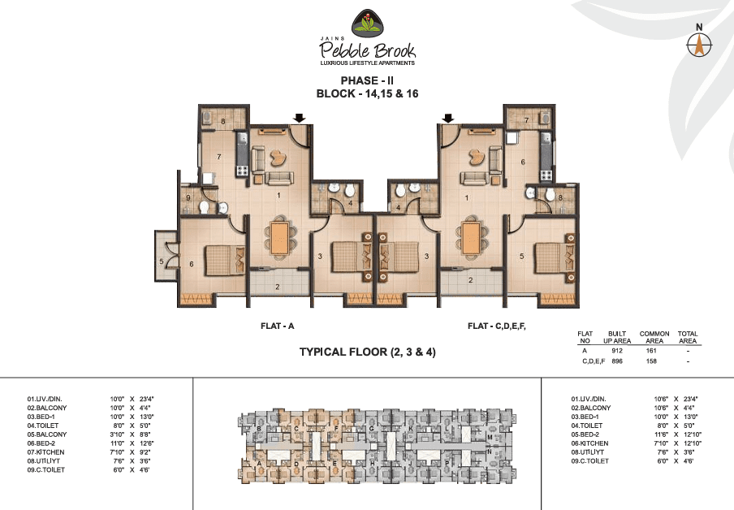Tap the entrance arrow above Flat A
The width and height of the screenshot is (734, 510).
click(x=299, y=119)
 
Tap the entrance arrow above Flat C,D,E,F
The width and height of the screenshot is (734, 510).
click(x=447, y=119)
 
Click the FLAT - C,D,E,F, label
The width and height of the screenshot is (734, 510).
click(x=497, y=326)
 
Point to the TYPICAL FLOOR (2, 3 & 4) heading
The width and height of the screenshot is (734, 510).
click(x=367, y=352)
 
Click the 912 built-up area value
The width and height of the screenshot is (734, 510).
click(x=616, y=350)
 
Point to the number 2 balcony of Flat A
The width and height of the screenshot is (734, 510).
click(x=278, y=284)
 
